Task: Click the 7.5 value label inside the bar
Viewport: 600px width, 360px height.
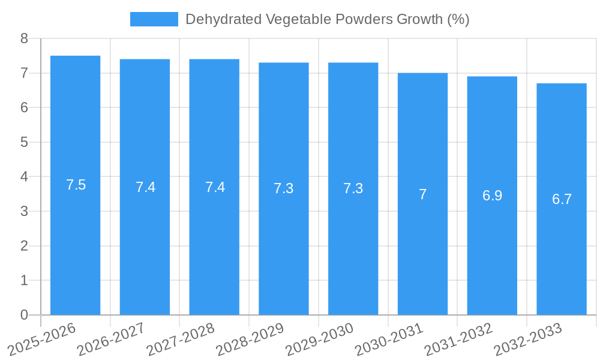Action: pos(76,185)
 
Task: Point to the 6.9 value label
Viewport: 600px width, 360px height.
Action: pos(492,196)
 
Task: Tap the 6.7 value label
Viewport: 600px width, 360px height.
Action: pos(562,199)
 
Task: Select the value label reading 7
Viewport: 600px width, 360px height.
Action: pos(422,194)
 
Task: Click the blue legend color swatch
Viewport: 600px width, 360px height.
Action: pos(154,19)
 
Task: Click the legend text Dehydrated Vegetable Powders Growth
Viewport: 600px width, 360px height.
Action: pos(327,19)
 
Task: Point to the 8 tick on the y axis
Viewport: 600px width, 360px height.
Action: pos(24,38)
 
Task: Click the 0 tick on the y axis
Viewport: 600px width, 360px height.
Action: pos(24,315)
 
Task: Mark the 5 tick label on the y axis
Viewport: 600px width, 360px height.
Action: pos(24,142)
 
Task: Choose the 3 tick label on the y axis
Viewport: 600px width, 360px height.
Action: pos(24,211)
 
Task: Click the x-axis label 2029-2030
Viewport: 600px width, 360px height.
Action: pos(318,338)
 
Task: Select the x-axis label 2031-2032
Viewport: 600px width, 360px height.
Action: pos(457,338)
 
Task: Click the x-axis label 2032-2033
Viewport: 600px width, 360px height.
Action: pos(527,338)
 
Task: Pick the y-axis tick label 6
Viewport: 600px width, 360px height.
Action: pos(24,107)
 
